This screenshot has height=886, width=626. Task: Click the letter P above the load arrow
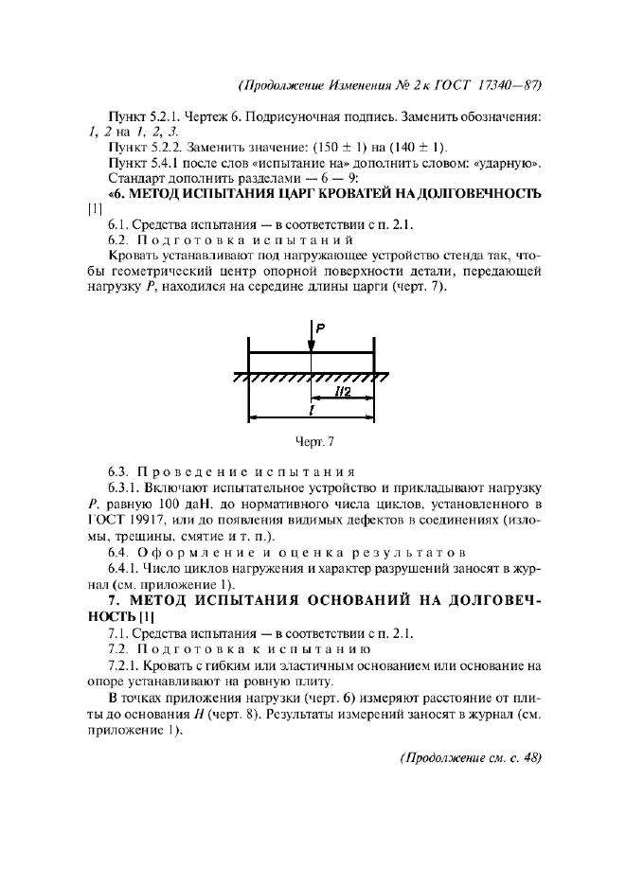click(x=321, y=328)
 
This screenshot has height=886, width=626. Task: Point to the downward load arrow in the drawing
click(x=311, y=337)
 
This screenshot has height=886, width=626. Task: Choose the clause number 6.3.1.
click(x=125, y=486)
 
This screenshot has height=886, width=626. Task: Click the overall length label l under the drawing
click(x=311, y=412)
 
